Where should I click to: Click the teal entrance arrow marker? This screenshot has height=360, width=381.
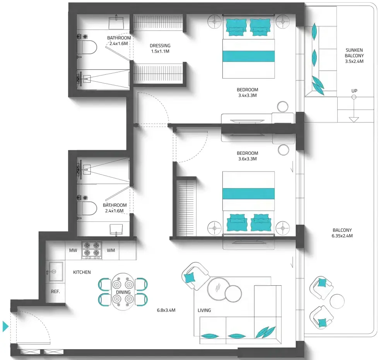pos(5,326)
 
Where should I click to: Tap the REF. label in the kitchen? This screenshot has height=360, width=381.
pos(55,291)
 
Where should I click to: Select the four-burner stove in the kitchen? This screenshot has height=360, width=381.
pos(92,250)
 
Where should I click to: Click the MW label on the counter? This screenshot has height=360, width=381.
pos(73,250)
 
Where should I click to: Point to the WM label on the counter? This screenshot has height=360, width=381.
pos(111,250)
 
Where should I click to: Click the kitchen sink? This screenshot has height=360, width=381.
pos(56,271)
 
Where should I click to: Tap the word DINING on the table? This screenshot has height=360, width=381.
pos(123,292)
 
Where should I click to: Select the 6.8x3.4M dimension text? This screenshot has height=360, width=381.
pos(166,310)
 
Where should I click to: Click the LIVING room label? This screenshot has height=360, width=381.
pos(204,310)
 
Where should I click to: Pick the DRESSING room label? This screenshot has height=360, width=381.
pos(160,46)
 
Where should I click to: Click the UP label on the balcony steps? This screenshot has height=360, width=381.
pos(354,91)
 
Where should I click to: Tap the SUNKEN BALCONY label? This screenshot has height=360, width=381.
pos(354,53)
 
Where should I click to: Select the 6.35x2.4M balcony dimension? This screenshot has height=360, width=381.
pos(342,236)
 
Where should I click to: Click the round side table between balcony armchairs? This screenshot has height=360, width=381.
pos(337,301)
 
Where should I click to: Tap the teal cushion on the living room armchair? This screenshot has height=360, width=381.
pos(190,278)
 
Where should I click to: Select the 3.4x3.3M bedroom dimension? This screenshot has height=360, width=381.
pos(247,95)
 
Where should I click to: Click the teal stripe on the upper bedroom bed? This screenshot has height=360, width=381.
pos(249,56)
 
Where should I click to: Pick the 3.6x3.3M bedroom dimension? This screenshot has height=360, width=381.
pos(247,159)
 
